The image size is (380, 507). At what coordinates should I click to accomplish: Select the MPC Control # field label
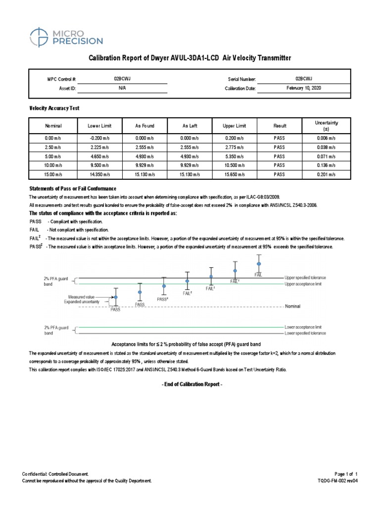pyautogui.click(x=61, y=79)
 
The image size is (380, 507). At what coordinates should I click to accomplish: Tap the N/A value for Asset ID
pyautogui.click(x=122, y=89)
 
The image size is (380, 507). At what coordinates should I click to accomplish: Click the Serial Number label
pyautogui.click(x=241, y=79)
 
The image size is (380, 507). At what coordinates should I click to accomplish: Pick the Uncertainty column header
pyautogui.click(x=326, y=125)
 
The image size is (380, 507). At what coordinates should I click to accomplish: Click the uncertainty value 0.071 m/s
pyautogui.click(x=326, y=156)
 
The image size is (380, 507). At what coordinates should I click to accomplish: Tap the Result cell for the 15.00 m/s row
pyautogui.click(x=280, y=174)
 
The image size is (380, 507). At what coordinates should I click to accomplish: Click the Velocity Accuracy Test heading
pyautogui.click(x=54, y=107)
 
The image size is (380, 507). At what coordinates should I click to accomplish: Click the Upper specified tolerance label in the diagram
pyautogui.click(x=305, y=277)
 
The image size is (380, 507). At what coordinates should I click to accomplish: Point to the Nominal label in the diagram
pyautogui.click(x=292, y=306)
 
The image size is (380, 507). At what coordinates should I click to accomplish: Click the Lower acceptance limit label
pyautogui.click(x=303, y=327)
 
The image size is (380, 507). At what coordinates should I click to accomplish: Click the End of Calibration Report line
pyautogui.click(x=190, y=384)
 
